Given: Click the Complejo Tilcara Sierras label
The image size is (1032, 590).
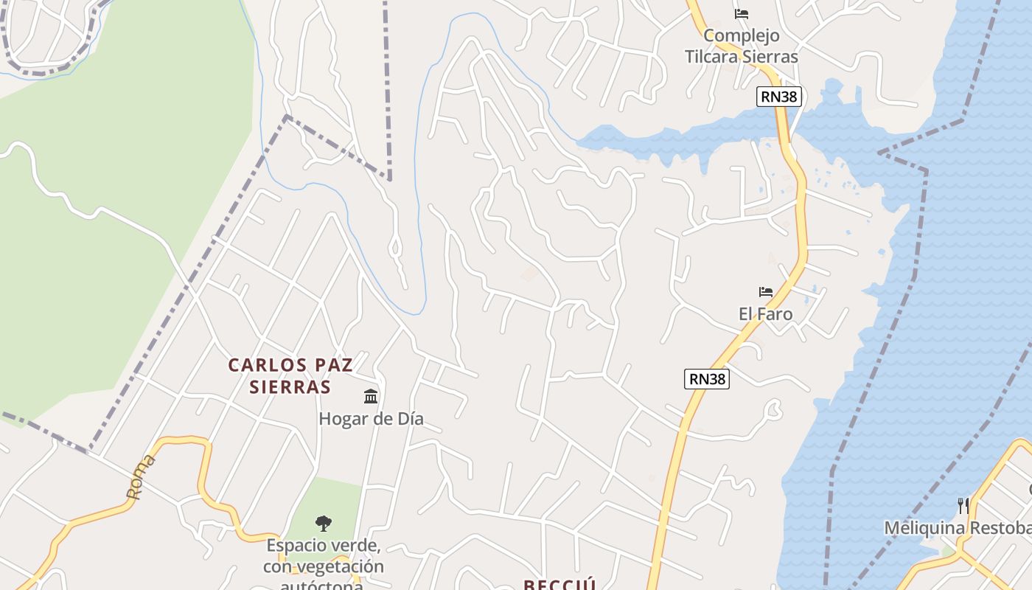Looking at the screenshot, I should point(741,46).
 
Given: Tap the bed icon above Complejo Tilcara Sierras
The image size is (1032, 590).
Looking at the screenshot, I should point(742,13).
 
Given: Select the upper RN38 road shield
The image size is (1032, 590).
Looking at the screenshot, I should point(778,97).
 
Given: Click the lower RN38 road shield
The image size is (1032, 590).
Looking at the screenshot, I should point(706,379).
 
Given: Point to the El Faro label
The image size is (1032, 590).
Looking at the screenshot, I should point(765,314).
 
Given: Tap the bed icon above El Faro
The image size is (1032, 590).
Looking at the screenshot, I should point(766,292).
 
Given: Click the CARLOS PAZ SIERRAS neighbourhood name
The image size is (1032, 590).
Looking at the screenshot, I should point(290,375).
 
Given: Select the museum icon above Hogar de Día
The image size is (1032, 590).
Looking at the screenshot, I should point(371,397).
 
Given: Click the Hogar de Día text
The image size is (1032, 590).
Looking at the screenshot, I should point(371,419).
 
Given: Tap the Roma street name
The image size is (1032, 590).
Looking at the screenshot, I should point(142,477).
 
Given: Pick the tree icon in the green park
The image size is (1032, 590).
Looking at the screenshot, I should point(323,524).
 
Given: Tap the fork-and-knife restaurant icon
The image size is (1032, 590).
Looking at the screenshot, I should point(963,505).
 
